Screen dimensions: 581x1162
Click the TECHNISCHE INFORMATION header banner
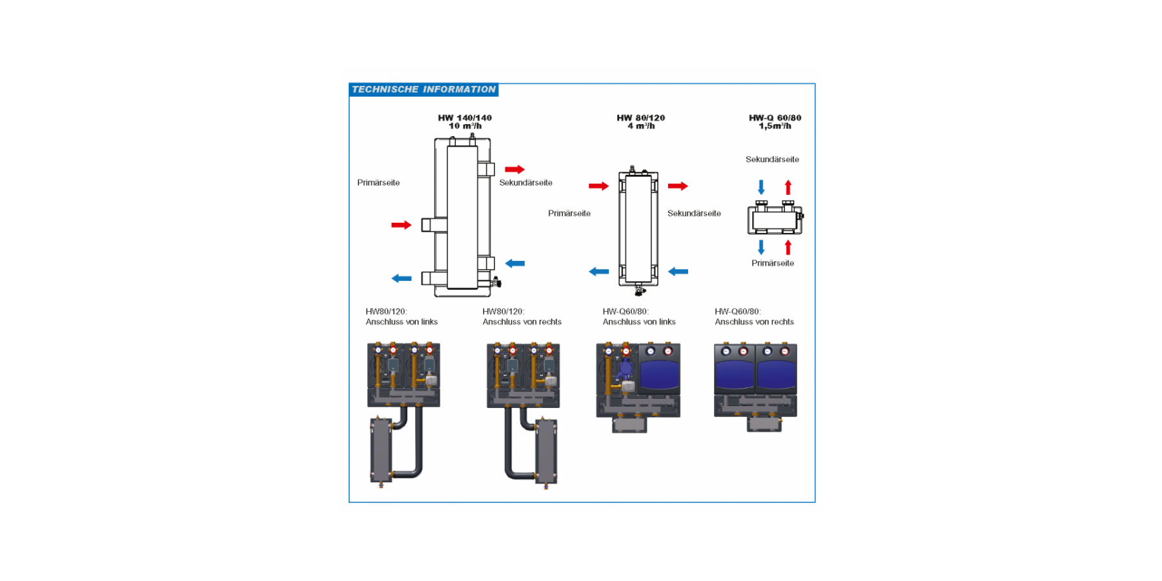point(423,90)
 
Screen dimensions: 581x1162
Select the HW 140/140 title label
point(465,121)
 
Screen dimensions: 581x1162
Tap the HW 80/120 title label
point(640,121)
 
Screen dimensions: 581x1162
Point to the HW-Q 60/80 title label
point(775,121)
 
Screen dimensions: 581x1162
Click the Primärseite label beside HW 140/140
point(378,183)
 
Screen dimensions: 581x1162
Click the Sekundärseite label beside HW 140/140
point(525,183)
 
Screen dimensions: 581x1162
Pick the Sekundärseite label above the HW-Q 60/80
point(772,159)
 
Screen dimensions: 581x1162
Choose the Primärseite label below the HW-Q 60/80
point(773,263)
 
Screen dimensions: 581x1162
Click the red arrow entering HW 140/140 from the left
point(401,225)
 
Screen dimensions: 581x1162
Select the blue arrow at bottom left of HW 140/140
point(401,278)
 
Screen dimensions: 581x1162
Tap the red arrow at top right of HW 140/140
point(515,169)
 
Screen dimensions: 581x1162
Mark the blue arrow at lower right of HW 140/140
point(515,263)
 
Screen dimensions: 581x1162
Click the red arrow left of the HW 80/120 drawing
point(598,186)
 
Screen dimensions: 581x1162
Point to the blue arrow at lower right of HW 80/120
point(678,272)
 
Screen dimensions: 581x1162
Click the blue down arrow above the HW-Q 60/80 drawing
point(761,187)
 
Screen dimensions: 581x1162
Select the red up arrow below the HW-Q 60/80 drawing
point(788,247)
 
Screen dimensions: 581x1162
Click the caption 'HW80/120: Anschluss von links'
point(402,316)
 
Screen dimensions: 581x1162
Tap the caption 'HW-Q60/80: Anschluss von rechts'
point(754,316)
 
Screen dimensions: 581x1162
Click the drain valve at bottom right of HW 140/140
point(496,282)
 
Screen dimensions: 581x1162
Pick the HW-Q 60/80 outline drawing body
point(775,219)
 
